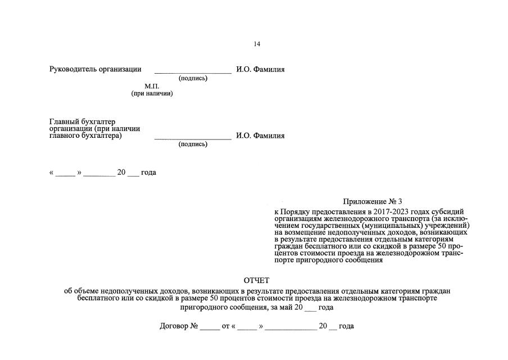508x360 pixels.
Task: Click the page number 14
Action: [x=257, y=44]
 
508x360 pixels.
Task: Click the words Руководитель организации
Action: [x=95, y=70]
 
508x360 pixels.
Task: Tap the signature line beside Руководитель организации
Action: [x=193, y=72]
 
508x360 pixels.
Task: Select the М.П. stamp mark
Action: [x=152, y=86]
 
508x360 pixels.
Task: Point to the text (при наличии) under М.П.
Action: [x=152, y=93]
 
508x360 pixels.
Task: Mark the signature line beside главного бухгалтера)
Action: [x=193, y=138]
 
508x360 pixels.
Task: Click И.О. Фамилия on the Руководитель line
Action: [x=260, y=70]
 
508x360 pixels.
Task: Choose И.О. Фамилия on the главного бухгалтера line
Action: [x=260, y=136]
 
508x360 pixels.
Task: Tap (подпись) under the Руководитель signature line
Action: [x=193, y=78]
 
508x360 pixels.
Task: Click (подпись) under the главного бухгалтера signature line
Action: [x=193, y=144]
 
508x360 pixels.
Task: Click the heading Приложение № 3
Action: [x=373, y=201]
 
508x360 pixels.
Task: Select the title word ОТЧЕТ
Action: [x=257, y=280]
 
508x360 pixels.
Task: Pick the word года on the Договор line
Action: [x=346, y=326]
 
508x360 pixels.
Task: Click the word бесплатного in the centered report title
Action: [x=96, y=299]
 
